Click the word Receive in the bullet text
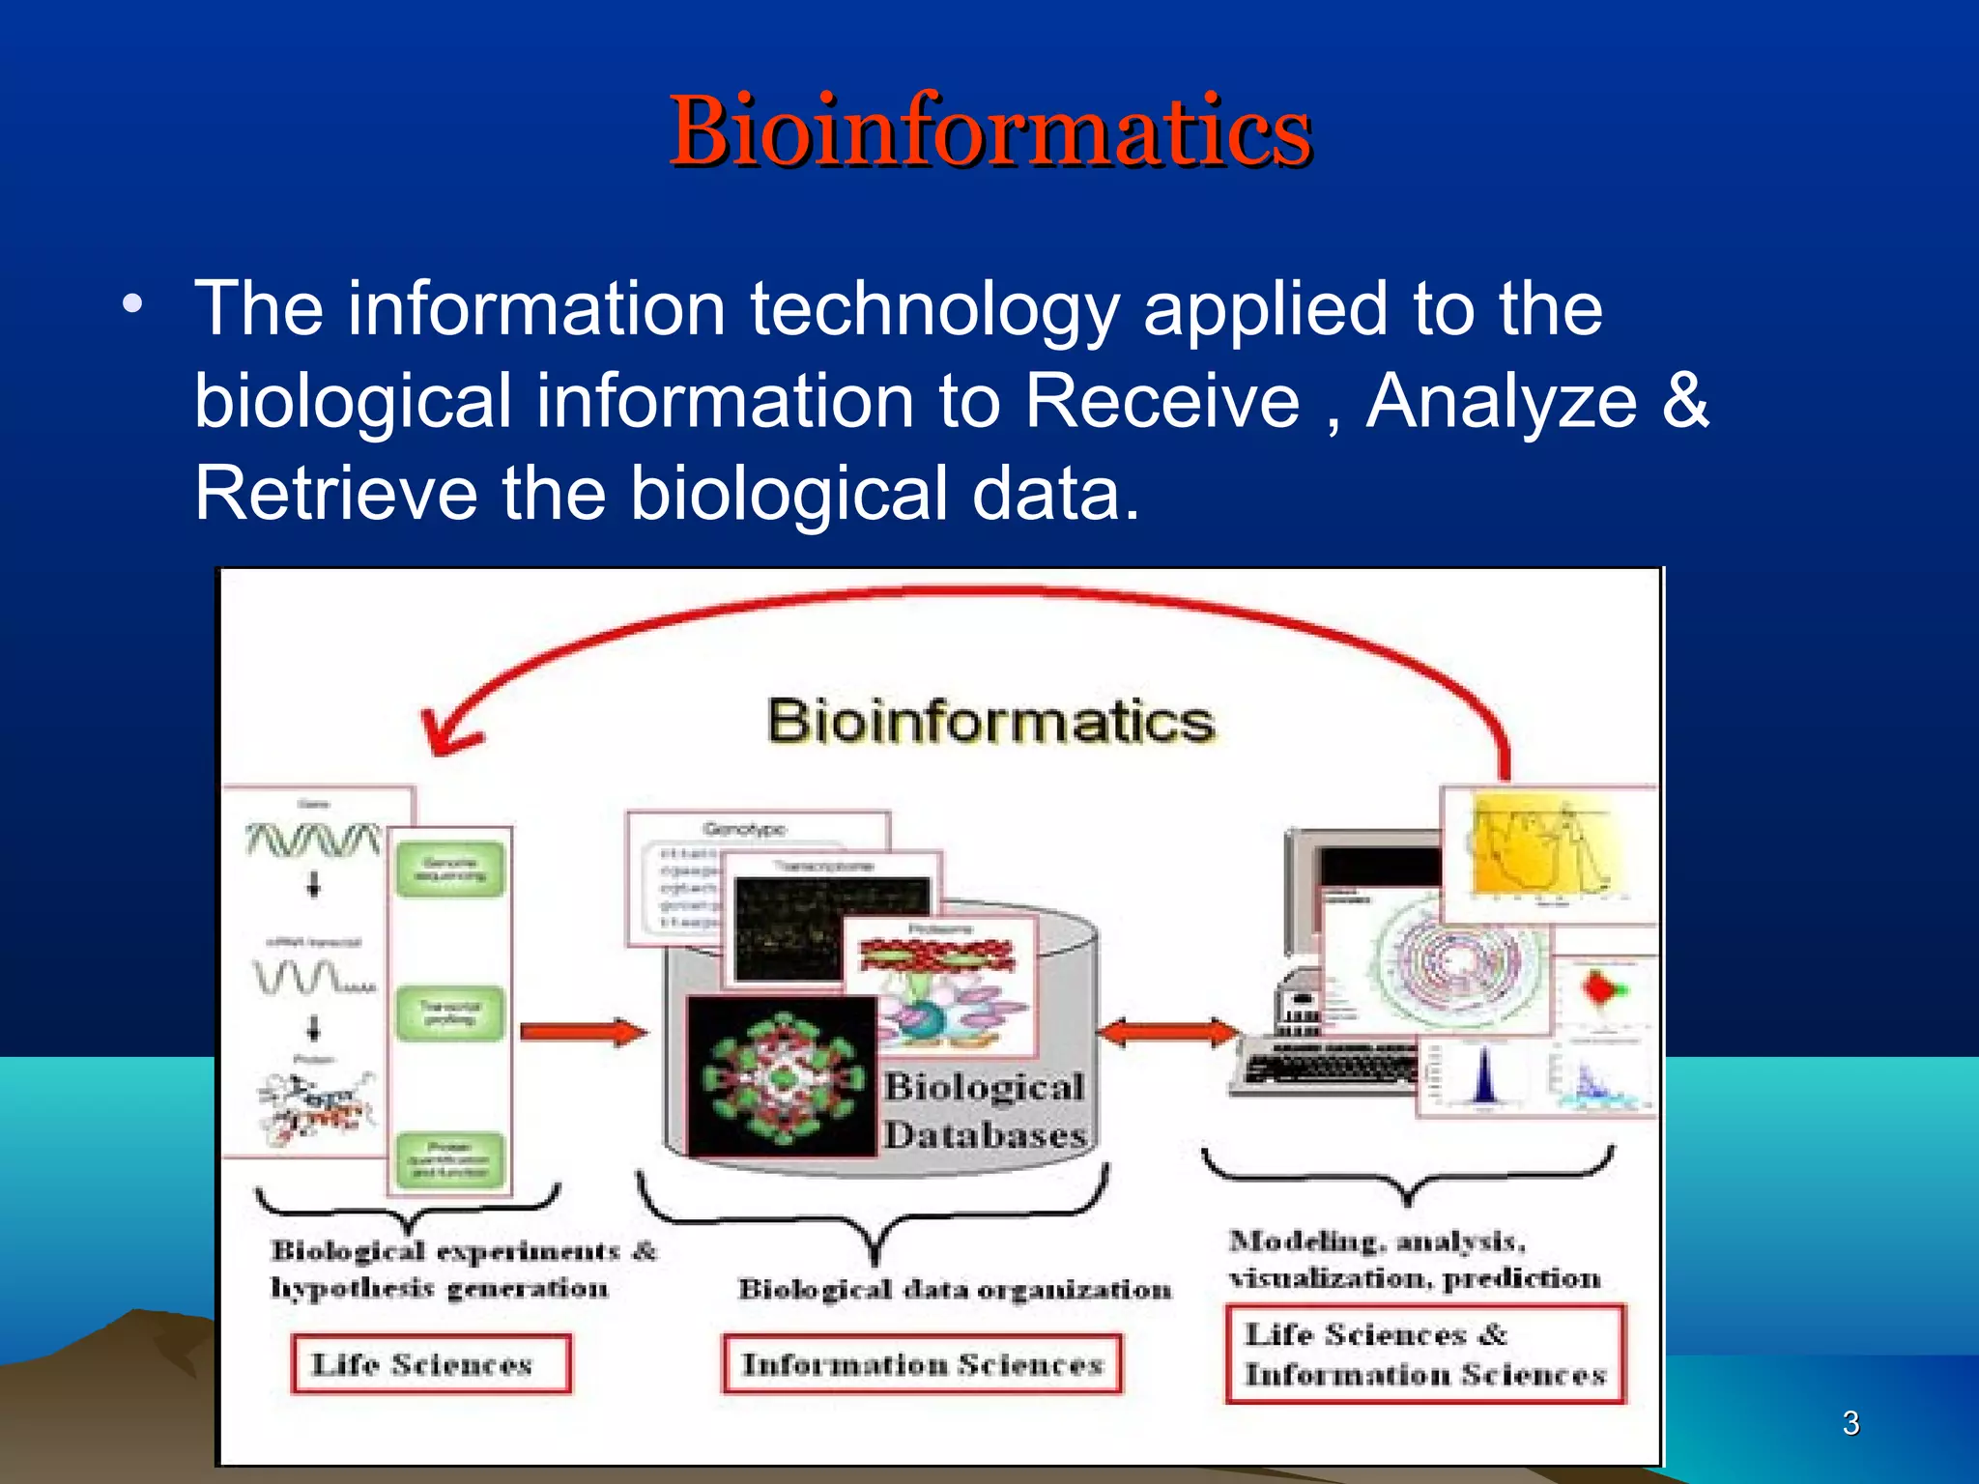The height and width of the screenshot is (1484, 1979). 1162,401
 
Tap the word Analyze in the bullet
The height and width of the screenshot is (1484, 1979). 1501,401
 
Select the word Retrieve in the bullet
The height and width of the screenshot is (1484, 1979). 335,494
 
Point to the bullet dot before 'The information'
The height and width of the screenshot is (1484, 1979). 132,304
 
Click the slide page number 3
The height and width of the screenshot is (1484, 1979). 1850,1422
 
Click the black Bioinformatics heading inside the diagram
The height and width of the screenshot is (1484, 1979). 990,722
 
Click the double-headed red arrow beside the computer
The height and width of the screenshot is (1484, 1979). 1168,1033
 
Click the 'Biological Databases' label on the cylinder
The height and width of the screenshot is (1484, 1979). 984,1111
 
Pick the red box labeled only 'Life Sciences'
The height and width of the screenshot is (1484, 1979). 431,1363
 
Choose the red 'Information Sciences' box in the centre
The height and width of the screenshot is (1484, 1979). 922,1363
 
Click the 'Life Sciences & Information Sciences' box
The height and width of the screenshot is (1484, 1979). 1424,1354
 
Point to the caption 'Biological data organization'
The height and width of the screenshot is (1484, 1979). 954,1290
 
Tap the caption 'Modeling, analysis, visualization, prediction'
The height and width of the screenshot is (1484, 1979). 1413,1259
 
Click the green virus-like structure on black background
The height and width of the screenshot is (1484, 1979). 781,1076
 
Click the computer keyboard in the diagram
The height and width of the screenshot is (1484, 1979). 1328,1069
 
